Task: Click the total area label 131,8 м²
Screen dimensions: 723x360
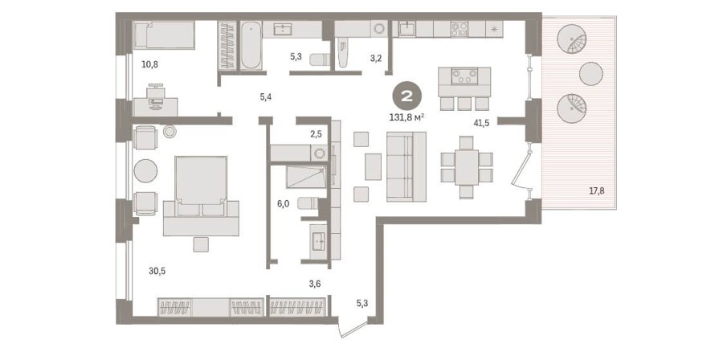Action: pos(406,117)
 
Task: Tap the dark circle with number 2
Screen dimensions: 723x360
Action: pos(406,96)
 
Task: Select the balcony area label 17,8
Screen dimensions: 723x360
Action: pos(597,190)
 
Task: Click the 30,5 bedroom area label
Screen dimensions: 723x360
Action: pos(157,271)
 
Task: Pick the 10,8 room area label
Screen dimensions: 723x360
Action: pos(150,64)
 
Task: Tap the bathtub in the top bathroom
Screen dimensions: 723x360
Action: pos(251,45)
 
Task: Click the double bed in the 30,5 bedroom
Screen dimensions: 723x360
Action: pos(201,196)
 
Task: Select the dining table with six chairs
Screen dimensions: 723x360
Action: pos(467,167)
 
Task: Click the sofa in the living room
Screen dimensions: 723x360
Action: pos(406,166)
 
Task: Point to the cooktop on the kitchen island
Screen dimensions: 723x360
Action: pos(464,76)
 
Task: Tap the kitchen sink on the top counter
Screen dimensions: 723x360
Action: pos(407,29)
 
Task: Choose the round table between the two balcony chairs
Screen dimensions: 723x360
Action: pos(591,74)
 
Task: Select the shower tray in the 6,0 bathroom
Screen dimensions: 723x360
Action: pos(306,178)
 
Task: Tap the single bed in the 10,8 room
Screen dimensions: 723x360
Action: pos(164,35)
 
